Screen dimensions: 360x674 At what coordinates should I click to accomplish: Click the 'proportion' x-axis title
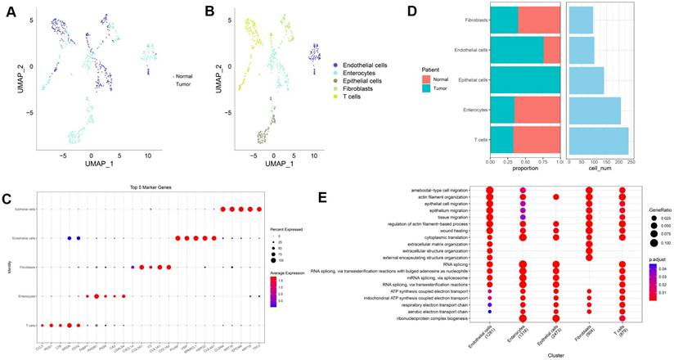pos(524,169)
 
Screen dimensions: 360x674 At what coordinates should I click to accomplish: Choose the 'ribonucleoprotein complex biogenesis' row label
pos(437,319)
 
